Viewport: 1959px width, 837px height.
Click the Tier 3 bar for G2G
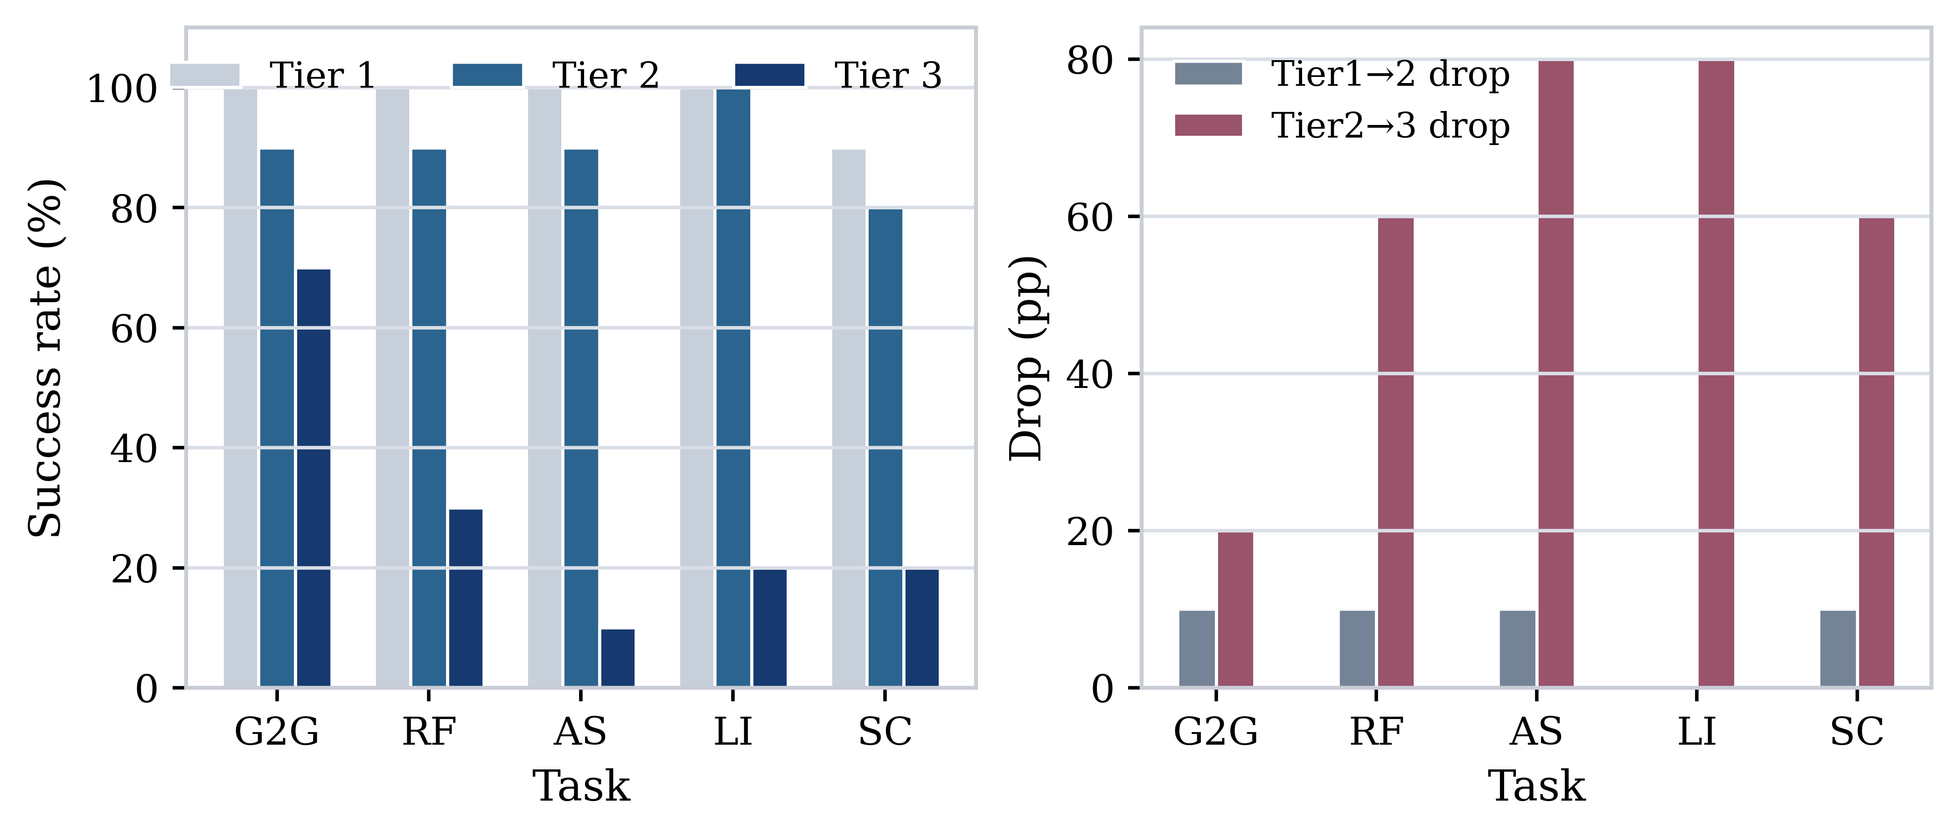314,478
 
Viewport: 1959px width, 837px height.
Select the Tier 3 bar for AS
618,658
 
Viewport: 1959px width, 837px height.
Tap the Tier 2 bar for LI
733,387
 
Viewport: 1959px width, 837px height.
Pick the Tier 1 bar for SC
849,418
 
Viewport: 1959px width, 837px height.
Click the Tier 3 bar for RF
466,598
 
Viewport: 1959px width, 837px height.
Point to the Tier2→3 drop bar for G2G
1235,610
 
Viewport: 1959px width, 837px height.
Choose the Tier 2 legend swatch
488,75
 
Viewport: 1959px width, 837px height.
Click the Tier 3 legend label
888,75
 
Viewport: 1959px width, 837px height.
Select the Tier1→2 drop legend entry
1342,74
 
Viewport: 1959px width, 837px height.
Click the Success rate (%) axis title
46,357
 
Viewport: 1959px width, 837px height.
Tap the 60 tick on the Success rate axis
134,328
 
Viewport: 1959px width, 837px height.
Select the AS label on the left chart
580,731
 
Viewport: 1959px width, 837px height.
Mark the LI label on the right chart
1697,731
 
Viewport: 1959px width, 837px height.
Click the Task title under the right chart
1536,786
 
